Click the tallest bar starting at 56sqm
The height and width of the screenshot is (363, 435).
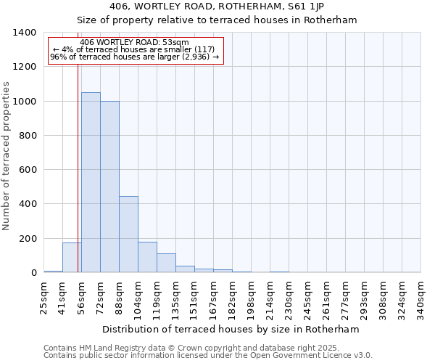point(91,182)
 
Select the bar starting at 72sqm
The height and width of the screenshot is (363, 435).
point(109,187)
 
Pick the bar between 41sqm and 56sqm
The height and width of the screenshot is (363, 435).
point(72,257)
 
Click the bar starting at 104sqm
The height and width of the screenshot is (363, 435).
point(147,257)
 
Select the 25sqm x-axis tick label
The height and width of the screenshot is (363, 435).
point(44,298)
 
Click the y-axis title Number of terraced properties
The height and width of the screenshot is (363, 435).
point(7,155)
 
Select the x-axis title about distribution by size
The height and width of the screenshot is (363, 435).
point(231,329)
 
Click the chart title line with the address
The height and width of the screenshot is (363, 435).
point(217,7)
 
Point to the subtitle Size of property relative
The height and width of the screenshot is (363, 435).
point(217,20)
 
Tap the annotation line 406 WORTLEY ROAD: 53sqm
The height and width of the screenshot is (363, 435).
point(134,42)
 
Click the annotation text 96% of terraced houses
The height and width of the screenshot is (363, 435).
point(134,57)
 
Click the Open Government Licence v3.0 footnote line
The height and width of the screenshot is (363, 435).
point(208,356)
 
